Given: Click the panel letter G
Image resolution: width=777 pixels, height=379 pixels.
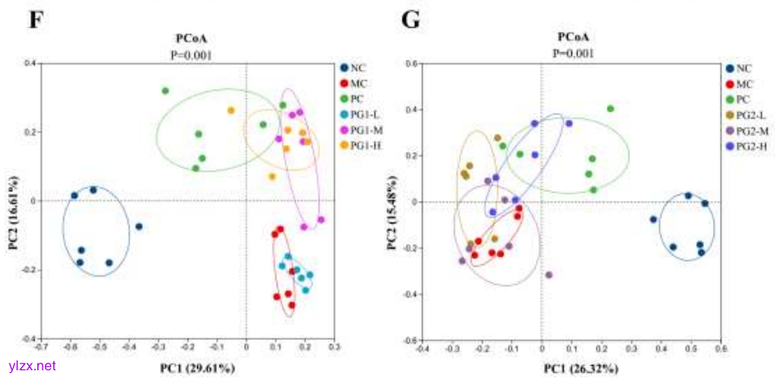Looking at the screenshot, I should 412,17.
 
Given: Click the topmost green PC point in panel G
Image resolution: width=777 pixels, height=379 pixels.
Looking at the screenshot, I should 610,109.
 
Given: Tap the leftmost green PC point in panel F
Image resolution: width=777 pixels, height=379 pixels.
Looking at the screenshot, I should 165,90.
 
